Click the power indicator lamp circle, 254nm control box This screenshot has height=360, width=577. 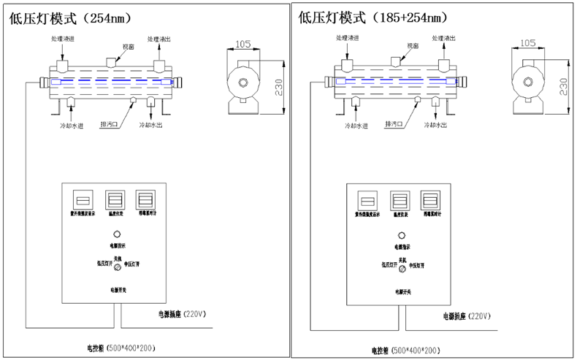tap(115, 235)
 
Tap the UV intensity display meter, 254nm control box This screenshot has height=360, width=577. tap(83, 200)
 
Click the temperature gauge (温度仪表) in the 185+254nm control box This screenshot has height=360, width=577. tap(399, 201)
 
